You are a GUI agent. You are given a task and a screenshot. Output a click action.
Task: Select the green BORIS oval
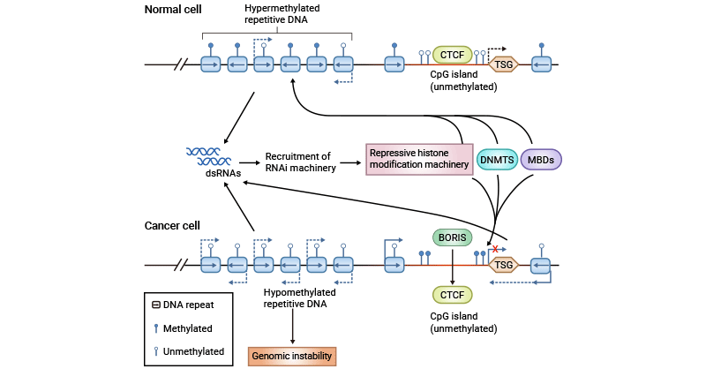point(452,237)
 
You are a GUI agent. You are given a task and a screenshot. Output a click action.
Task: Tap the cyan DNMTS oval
point(498,160)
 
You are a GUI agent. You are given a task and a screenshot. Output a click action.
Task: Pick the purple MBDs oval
point(541,160)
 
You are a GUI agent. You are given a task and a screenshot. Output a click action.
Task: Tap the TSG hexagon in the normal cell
point(503,64)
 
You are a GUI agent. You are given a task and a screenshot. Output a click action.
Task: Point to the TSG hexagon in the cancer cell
point(503,264)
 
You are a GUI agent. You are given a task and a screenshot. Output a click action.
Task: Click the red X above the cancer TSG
point(496,250)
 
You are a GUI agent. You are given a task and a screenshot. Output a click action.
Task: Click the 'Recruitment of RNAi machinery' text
point(298,161)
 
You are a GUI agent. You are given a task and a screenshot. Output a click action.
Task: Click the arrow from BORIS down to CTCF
point(452,265)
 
